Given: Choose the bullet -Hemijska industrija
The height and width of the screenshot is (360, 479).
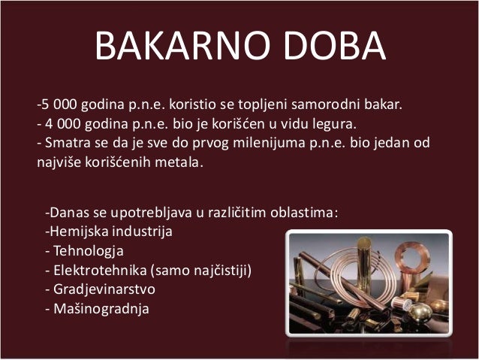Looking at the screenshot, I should click(x=109, y=231).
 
